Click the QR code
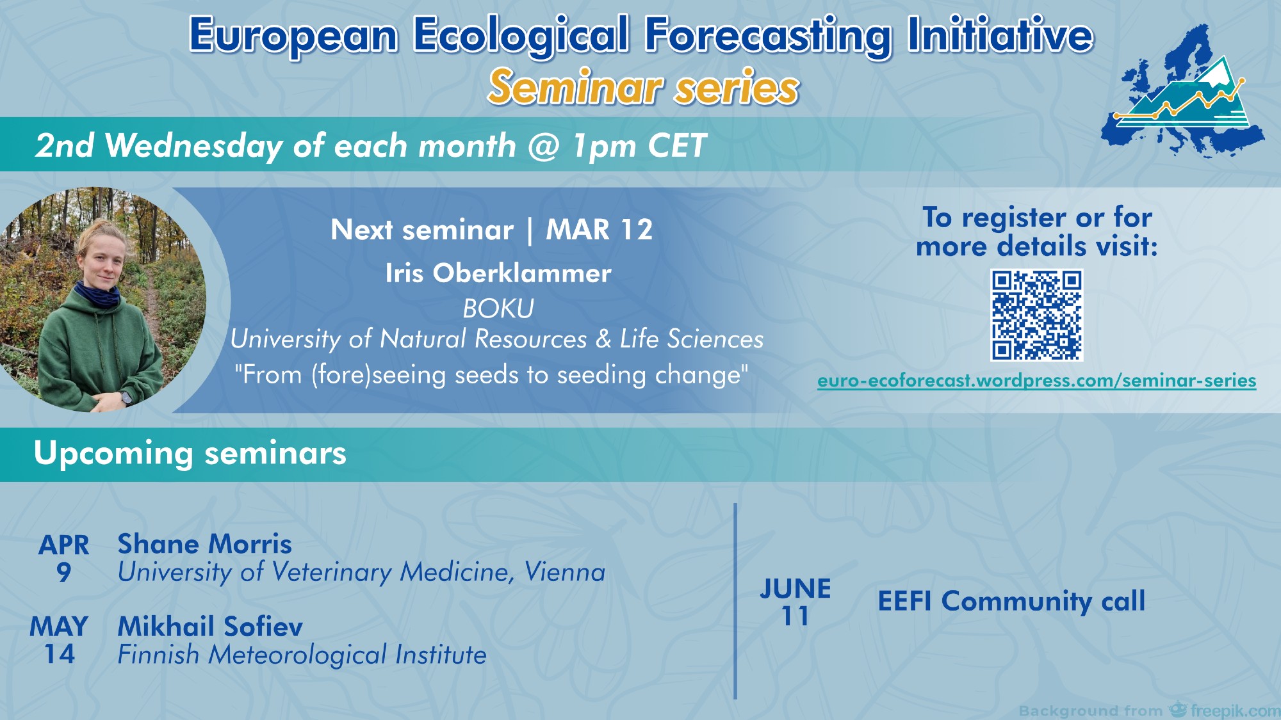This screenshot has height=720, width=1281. click(1037, 315)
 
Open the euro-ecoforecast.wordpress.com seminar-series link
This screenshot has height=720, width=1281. click(1036, 381)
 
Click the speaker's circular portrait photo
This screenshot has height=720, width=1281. click(102, 300)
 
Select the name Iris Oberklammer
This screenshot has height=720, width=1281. click(498, 273)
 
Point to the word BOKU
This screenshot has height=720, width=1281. click(498, 308)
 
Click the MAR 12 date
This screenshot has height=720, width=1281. click(599, 230)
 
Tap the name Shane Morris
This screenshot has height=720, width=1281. click(204, 544)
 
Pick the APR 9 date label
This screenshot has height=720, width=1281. click(63, 558)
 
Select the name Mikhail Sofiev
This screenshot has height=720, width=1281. click(210, 626)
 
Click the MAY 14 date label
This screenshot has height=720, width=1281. click(59, 640)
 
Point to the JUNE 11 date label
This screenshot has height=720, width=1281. click(796, 602)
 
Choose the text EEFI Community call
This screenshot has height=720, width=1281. click(1011, 601)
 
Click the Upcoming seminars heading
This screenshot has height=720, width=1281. click(190, 453)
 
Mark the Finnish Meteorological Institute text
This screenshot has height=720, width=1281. click(302, 655)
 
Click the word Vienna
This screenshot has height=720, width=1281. click(565, 572)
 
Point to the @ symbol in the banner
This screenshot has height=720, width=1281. click(544, 146)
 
